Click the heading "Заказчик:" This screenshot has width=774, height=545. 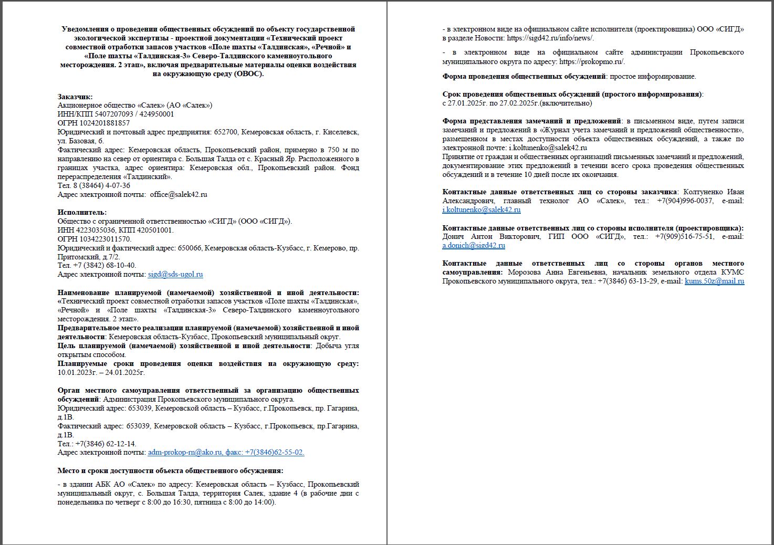click(75, 96)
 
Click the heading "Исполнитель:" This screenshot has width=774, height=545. click(82, 212)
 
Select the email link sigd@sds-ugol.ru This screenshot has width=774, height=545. click(175, 274)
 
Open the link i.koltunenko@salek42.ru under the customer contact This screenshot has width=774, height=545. click(482, 209)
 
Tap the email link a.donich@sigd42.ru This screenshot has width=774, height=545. click(474, 245)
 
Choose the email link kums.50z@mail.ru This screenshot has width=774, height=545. click(714, 281)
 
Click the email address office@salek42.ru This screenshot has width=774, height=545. click(179, 194)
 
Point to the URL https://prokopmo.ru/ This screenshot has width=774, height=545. click(592, 61)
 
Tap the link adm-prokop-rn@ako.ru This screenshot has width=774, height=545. click(185, 452)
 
